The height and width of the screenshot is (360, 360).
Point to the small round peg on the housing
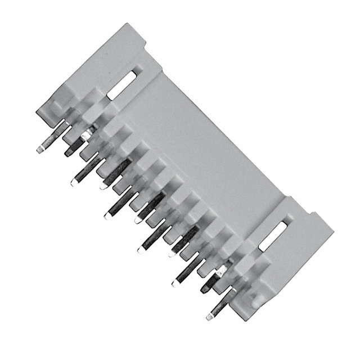255,302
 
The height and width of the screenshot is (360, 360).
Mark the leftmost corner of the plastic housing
37,111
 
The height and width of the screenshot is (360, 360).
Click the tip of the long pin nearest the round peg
210,317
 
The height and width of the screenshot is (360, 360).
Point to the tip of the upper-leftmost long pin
39,150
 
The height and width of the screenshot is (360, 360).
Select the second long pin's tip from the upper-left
73,183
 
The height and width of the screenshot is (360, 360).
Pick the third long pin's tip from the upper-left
106,215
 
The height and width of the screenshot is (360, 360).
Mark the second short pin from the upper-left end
103,186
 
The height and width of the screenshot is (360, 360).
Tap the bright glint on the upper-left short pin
86,136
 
